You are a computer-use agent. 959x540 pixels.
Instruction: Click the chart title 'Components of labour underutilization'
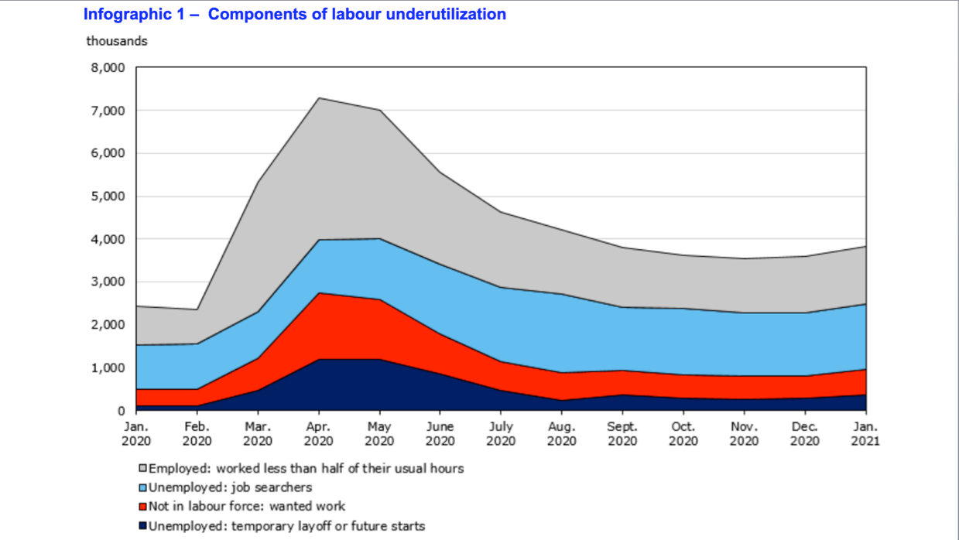[x=357, y=15]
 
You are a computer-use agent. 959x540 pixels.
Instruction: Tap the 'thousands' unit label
[x=117, y=41]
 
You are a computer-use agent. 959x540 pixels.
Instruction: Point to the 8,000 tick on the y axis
[x=108, y=68]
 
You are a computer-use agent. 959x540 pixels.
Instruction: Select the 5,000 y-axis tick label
[x=108, y=197]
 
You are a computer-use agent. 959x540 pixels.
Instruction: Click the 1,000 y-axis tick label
[x=108, y=368]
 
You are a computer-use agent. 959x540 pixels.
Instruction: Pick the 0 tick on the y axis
[x=122, y=411]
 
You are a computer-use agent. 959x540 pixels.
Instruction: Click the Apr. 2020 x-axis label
[x=318, y=434]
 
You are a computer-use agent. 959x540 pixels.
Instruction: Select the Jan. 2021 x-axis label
[x=865, y=434]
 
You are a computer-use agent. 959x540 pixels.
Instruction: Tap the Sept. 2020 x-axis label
[x=622, y=434]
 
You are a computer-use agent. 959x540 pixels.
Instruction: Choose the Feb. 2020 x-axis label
[x=197, y=434]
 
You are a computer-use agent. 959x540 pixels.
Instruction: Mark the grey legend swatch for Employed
[x=142, y=469]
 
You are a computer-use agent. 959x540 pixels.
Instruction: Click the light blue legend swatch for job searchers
[x=142, y=488]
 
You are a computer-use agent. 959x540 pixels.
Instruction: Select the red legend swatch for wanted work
[x=142, y=507]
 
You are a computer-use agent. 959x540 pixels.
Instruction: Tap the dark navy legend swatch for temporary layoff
[x=142, y=527]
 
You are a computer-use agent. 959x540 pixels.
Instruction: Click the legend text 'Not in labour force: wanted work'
[x=247, y=507]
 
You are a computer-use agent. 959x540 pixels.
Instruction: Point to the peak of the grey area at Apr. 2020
[x=318, y=98]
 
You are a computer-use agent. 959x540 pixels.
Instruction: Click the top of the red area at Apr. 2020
[x=318, y=293]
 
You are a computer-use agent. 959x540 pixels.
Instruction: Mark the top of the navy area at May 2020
[x=379, y=359]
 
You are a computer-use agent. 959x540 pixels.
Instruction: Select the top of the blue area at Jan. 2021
[x=865, y=305]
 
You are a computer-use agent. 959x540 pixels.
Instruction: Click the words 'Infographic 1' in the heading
[x=133, y=15]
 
